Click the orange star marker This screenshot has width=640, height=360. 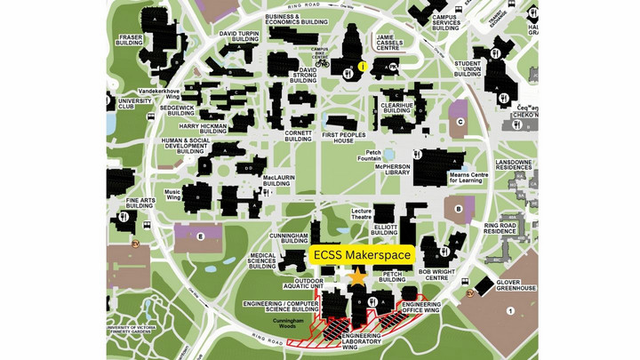pos(357,277)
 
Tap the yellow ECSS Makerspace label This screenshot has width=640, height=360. pos(362,255)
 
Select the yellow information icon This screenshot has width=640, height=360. pos(363,66)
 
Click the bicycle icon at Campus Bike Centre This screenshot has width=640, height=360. pos(322,63)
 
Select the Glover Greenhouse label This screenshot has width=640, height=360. pos(515,284)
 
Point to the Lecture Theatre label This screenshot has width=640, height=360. pos(361,212)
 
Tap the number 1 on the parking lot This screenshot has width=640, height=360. pos(510,310)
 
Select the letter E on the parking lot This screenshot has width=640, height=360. pos(201,236)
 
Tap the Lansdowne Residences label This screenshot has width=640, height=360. pos(515,168)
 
